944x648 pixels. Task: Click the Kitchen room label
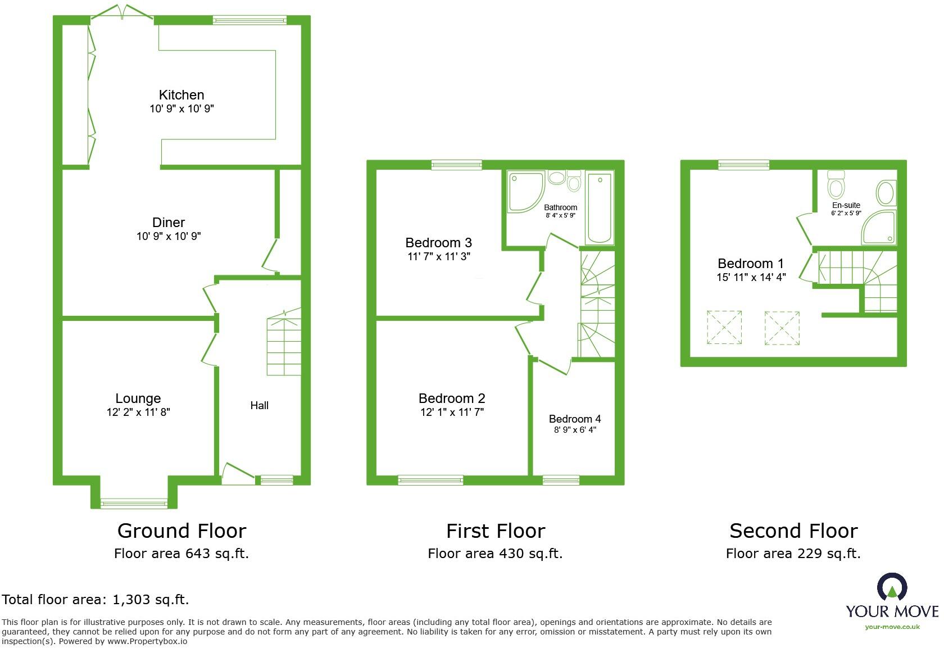point(181,95)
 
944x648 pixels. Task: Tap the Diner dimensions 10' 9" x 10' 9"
point(169,237)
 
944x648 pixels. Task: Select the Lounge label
point(138,398)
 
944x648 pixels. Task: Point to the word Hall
point(259,405)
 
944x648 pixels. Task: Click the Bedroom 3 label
point(438,243)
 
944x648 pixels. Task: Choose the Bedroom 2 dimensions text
point(452,412)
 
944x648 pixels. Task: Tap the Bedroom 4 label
point(574,419)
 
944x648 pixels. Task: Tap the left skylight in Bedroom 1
point(724,327)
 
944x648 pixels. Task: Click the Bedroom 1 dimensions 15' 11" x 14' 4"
point(751,277)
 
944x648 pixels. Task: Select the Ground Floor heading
point(181,531)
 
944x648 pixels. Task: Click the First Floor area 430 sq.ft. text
point(494,554)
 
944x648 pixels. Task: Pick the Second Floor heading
point(793,531)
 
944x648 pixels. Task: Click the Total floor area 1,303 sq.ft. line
point(96,600)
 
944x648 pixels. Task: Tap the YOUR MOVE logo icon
point(892,587)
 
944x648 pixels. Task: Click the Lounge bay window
point(134,503)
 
